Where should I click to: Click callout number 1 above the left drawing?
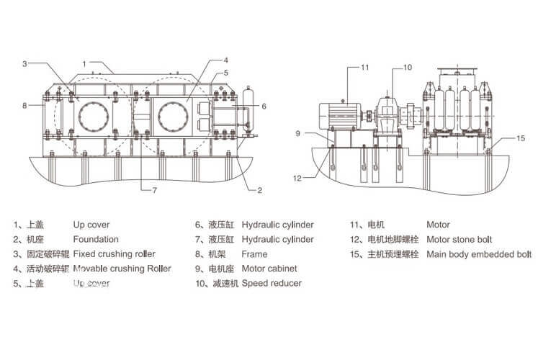coord(84,63)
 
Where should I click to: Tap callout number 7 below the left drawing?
coord(154,190)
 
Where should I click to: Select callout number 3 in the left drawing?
coord(24,63)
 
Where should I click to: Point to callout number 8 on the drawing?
coord(24,105)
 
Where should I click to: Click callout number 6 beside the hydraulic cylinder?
coord(264,106)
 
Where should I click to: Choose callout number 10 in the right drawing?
coord(407,67)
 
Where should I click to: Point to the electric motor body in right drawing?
coord(339,115)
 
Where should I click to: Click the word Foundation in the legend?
coord(96,239)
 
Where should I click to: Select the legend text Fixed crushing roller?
coord(114,253)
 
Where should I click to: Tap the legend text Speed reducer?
coord(272,283)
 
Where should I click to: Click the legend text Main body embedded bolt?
coord(479,253)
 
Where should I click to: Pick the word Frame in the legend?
coord(254,253)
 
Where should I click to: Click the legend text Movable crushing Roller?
coord(122,269)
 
